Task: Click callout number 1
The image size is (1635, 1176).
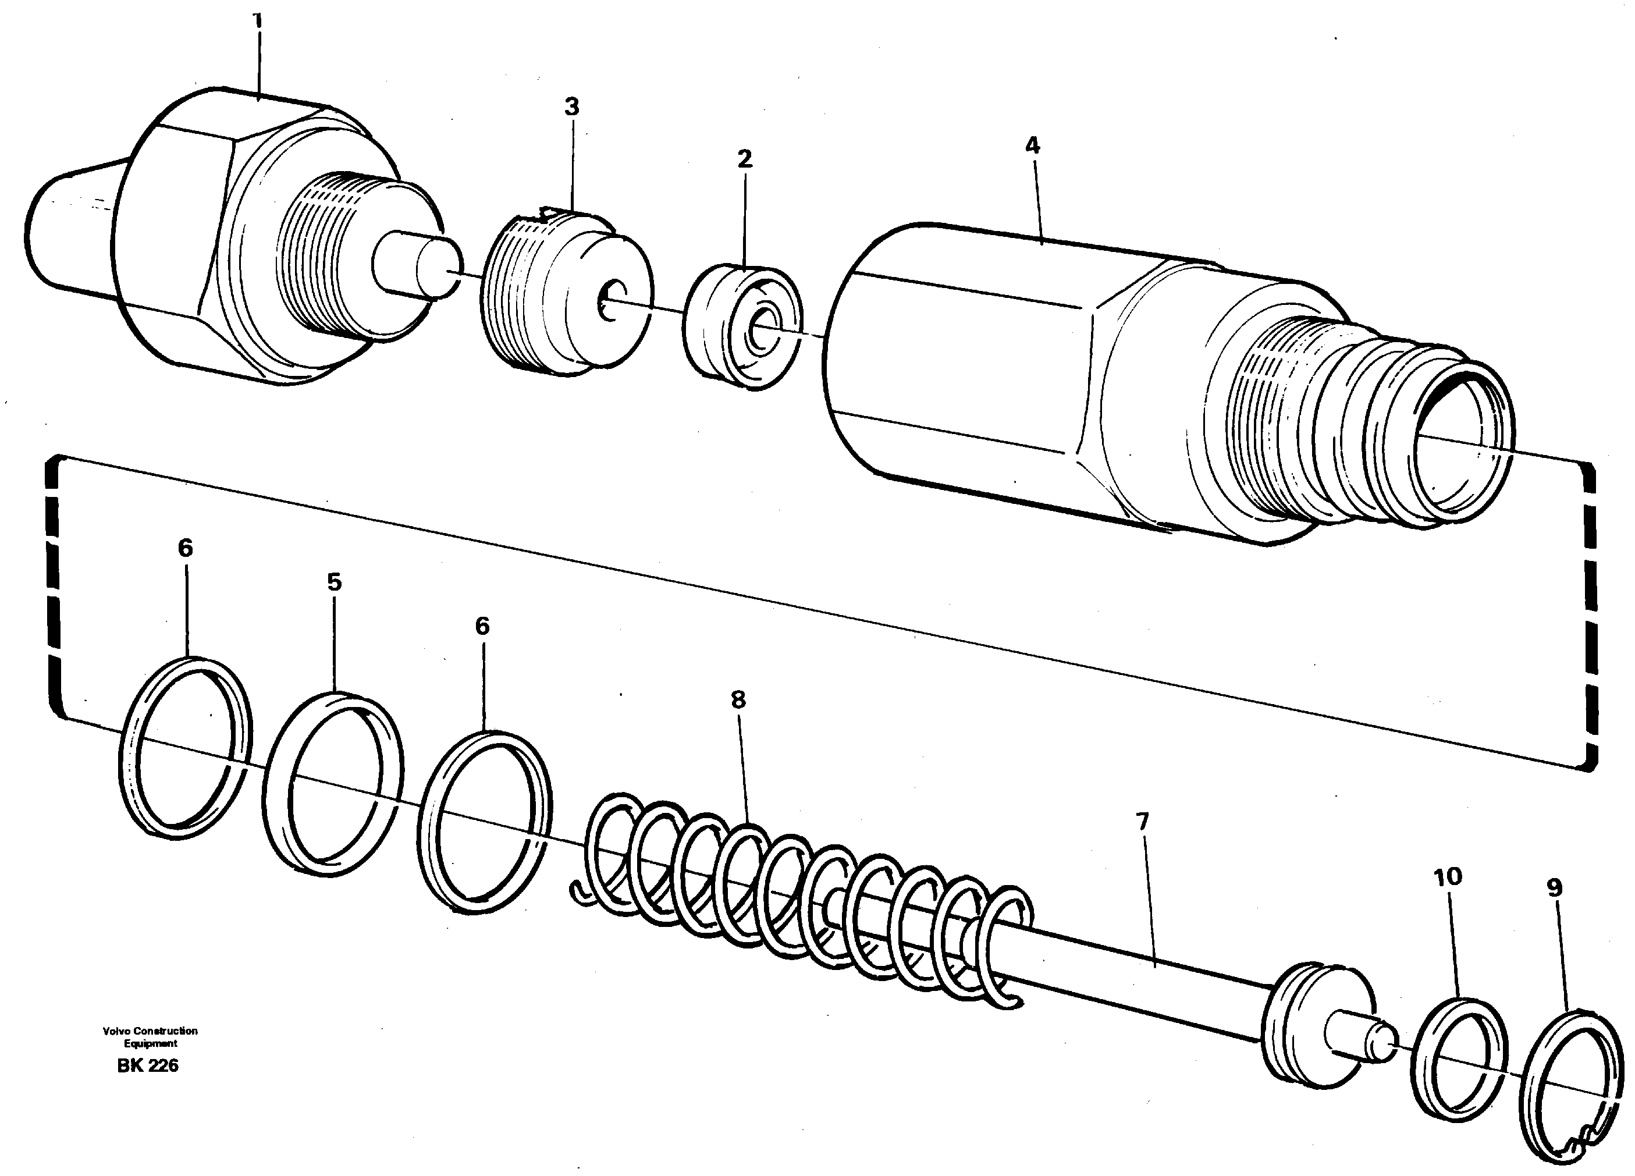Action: click(257, 20)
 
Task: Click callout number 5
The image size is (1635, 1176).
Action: click(334, 582)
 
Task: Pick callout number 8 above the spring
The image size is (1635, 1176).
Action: click(737, 699)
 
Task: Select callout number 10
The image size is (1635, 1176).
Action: click(1448, 877)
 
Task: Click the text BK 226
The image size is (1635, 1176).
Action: click(148, 1065)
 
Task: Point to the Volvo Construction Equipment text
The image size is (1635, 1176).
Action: click(150, 1037)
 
